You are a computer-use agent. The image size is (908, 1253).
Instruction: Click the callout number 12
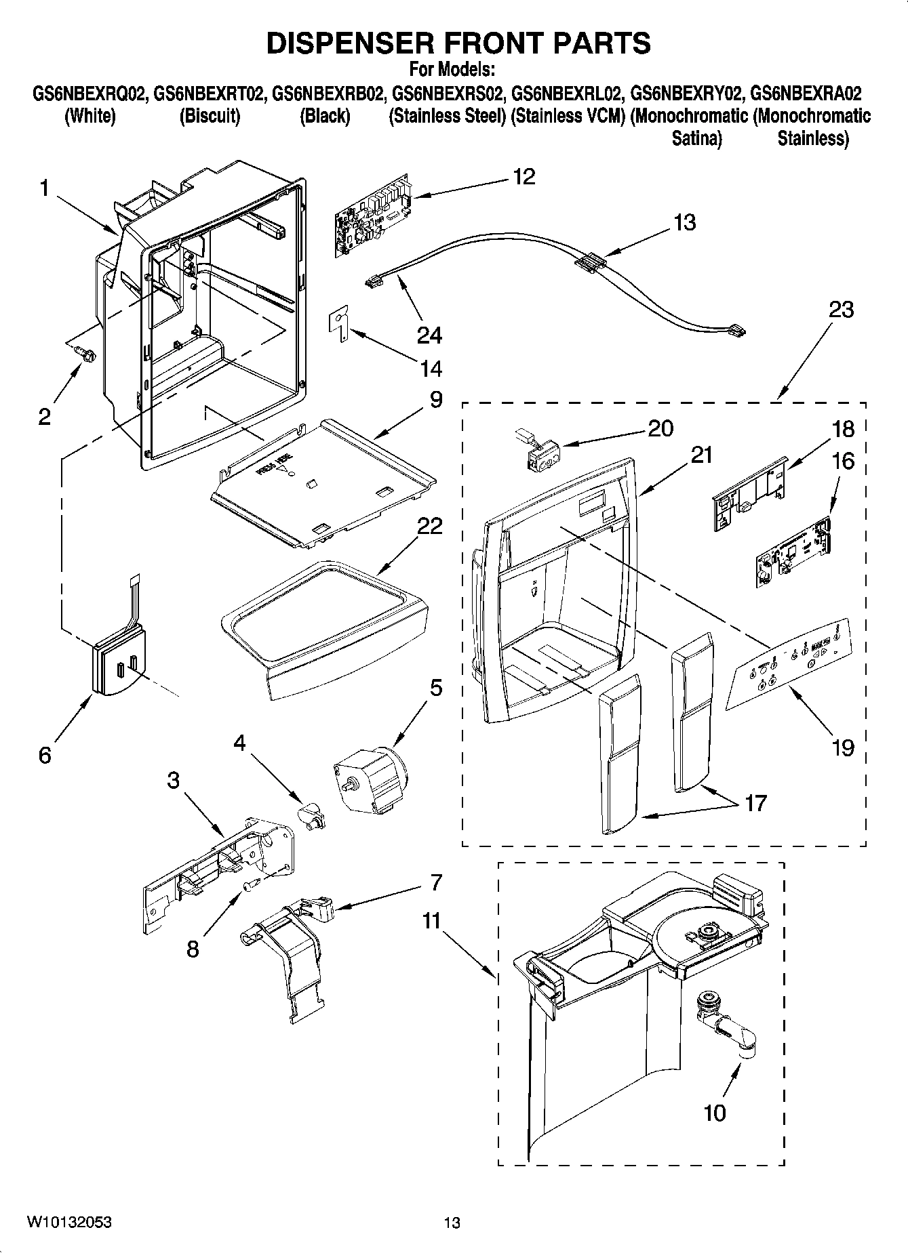click(x=524, y=177)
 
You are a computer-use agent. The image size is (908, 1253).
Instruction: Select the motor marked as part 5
click(x=369, y=777)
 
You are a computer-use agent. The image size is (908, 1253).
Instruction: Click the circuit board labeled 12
click(x=372, y=217)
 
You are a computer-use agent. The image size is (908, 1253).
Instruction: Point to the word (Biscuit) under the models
click(x=210, y=116)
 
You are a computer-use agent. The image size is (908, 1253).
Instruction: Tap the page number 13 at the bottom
click(x=452, y=1223)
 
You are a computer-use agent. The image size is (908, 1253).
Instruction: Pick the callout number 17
click(x=755, y=803)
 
